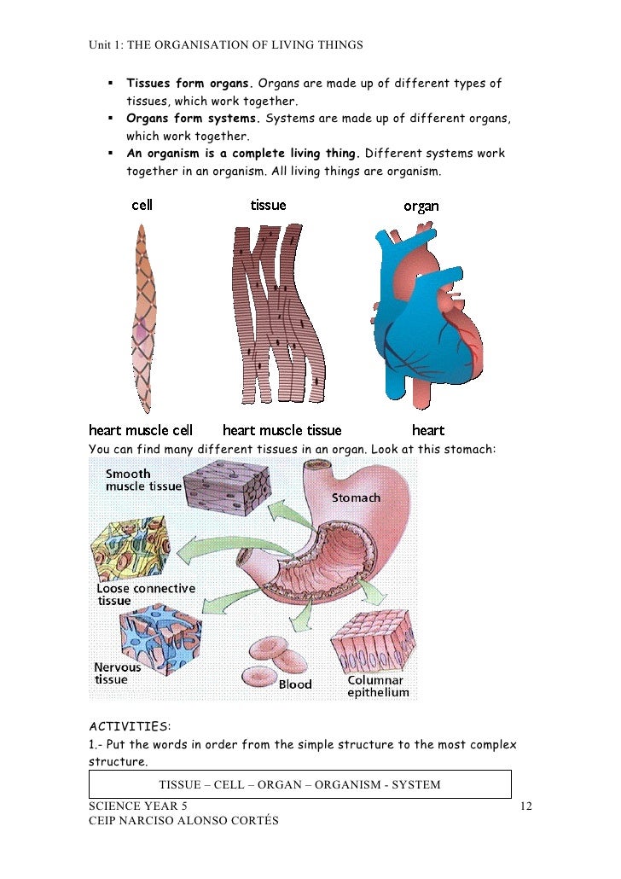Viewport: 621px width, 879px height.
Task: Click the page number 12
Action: tap(526, 806)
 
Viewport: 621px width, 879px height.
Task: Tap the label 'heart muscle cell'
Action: tap(141, 430)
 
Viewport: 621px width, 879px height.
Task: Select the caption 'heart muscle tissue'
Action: tap(281, 430)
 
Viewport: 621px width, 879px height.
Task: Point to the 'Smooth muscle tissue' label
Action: tap(142, 480)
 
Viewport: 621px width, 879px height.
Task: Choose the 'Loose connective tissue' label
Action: tap(145, 594)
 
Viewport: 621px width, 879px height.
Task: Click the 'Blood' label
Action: tap(295, 684)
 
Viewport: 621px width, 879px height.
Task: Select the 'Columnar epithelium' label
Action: tap(377, 686)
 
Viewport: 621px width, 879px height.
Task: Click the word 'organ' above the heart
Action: tap(421, 207)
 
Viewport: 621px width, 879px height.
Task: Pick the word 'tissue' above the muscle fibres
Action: tap(268, 205)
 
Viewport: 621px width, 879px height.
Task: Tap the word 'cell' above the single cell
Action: tap(142, 205)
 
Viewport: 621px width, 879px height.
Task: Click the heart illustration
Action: tap(422, 316)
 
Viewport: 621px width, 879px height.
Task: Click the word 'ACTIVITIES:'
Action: tap(130, 726)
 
